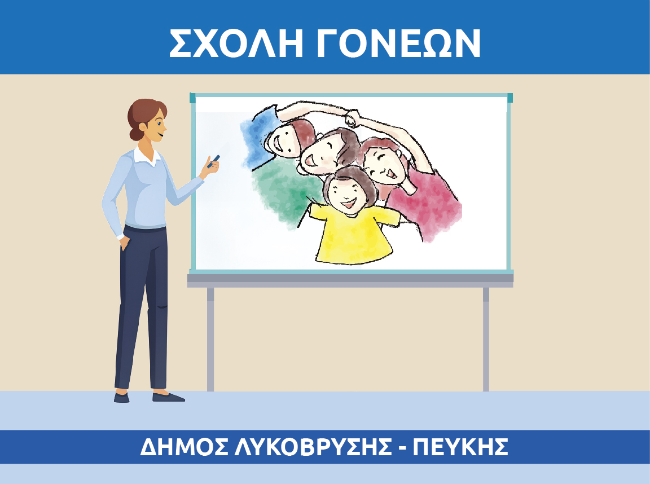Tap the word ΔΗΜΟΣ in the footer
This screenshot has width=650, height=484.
(x=184, y=447)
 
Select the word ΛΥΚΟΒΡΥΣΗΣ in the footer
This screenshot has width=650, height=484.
(x=313, y=447)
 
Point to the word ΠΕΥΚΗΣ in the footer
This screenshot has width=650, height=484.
(x=460, y=447)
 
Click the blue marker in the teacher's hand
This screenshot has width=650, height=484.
(x=213, y=161)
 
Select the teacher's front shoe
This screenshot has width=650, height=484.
(x=168, y=397)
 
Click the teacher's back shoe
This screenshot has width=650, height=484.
(x=121, y=398)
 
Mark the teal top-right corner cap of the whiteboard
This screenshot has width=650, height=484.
(x=510, y=98)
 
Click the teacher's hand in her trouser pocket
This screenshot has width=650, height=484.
(x=124, y=243)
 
